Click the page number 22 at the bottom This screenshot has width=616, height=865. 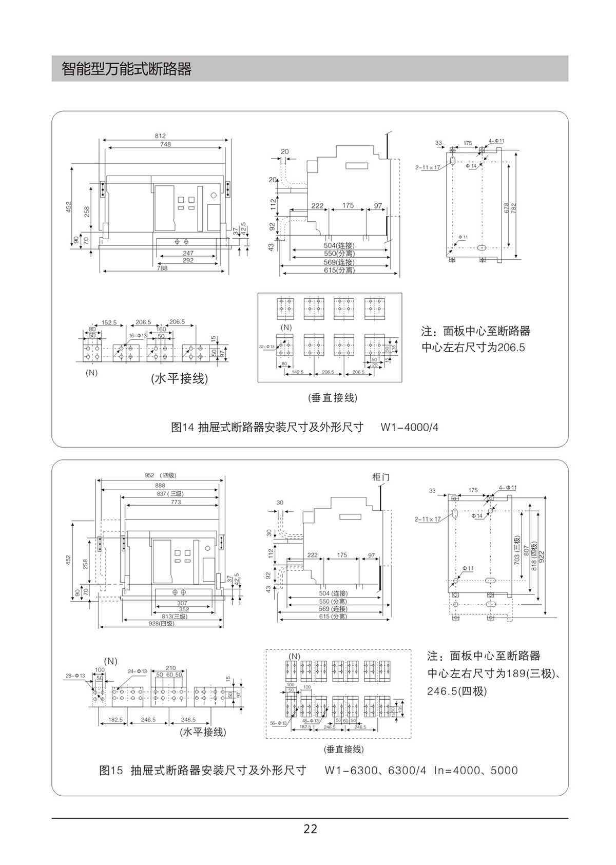(310, 829)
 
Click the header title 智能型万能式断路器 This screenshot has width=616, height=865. (126, 69)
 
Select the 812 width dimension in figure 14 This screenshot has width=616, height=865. (160, 136)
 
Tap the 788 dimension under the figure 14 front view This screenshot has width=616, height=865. (162, 268)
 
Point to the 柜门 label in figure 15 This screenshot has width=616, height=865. (380, 477)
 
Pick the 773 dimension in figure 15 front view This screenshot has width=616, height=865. (176, 502)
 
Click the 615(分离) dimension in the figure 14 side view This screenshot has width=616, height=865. (339, 270)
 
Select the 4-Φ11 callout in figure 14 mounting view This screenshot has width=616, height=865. (496, 141)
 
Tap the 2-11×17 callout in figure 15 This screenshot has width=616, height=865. (428, 519)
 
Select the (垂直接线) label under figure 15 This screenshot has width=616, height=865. (343, 749)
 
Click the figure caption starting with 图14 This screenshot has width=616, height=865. (267, 427)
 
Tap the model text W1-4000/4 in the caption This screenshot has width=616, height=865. (409, 427)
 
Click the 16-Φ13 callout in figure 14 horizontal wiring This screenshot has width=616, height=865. (138, 335)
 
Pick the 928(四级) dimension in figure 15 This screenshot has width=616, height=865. (161, 623)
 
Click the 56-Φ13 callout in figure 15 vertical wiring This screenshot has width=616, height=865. (279, 723)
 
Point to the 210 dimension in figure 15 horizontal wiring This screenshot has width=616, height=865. (170, 668)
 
